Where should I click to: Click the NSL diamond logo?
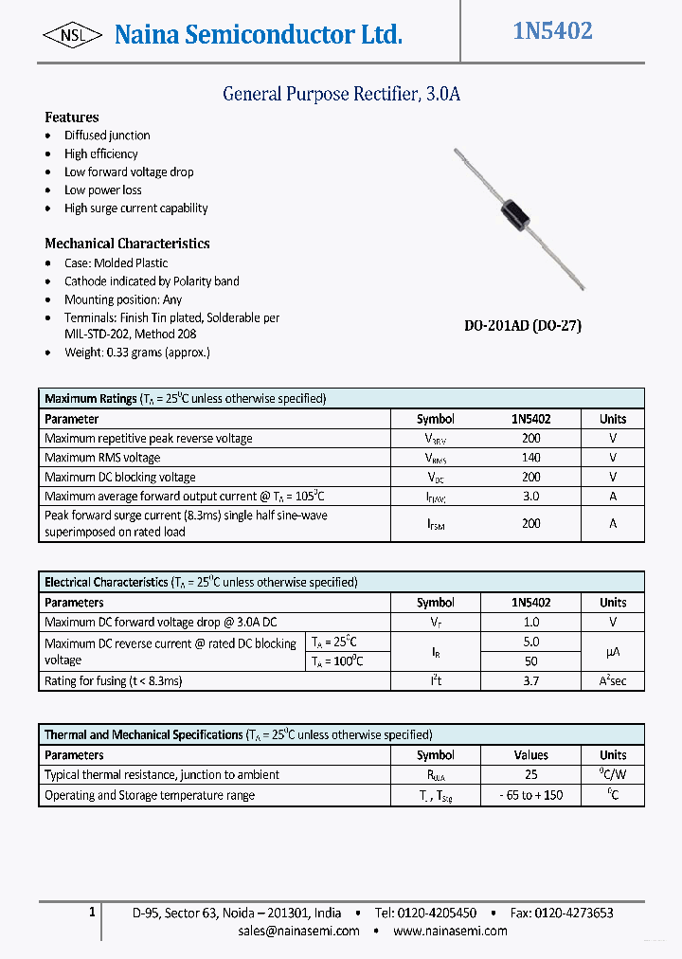72,35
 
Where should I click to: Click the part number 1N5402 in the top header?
552,31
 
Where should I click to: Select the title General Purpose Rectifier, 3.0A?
341,94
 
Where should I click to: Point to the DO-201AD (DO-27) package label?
522,325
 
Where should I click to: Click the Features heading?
72,118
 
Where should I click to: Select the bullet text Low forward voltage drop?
129,172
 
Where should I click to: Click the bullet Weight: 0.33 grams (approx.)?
137,352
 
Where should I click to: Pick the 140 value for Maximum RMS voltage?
530,458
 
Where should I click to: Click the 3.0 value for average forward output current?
530,497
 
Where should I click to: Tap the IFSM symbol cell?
435,524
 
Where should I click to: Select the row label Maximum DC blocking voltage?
120,478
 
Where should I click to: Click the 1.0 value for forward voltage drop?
530,623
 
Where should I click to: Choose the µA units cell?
613,652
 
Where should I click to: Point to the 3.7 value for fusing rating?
530,681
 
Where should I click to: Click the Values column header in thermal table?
530,755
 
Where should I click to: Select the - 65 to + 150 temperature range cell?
530,795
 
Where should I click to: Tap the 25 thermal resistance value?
530,775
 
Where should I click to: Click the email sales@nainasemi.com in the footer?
298,931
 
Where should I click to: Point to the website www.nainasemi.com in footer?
450,931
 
